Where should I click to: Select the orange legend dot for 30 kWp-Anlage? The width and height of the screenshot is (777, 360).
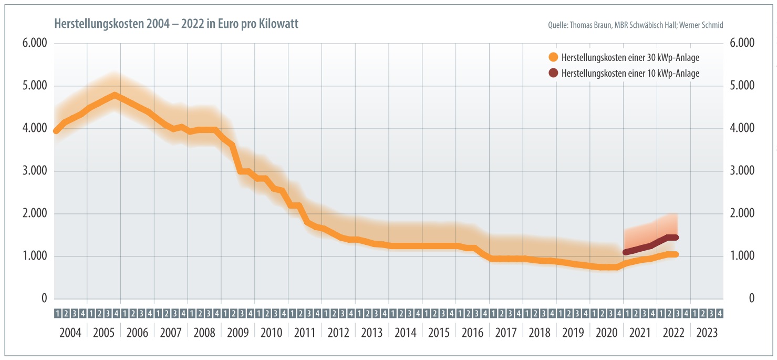pos(553,57)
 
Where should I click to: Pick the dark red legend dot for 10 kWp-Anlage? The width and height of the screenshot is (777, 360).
pos(553,74)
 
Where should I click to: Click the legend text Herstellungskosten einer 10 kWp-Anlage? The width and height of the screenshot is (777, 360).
pos(630,74)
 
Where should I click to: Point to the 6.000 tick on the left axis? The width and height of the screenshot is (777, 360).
pos(35,43)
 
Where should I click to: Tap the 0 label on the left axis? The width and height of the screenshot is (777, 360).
pos(44,299)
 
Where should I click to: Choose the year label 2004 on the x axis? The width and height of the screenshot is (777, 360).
pos(70,333)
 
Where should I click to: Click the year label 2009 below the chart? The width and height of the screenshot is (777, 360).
pos(238,333)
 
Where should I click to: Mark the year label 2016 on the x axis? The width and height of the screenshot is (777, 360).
pos(472,333)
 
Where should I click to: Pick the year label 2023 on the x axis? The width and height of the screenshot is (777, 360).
pos(707,333)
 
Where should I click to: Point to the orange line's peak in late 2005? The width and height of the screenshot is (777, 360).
pos(114,95)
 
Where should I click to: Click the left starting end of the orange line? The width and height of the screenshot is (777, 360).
pos(56,131)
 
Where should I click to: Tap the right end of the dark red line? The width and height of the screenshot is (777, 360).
pos(676,238)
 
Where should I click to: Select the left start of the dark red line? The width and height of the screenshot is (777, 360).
pos(625,252)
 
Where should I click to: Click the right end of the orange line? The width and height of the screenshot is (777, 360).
pos(676,254)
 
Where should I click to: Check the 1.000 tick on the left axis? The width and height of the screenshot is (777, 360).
pos(35,256)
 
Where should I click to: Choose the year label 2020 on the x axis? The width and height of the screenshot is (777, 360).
pos(606,333)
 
